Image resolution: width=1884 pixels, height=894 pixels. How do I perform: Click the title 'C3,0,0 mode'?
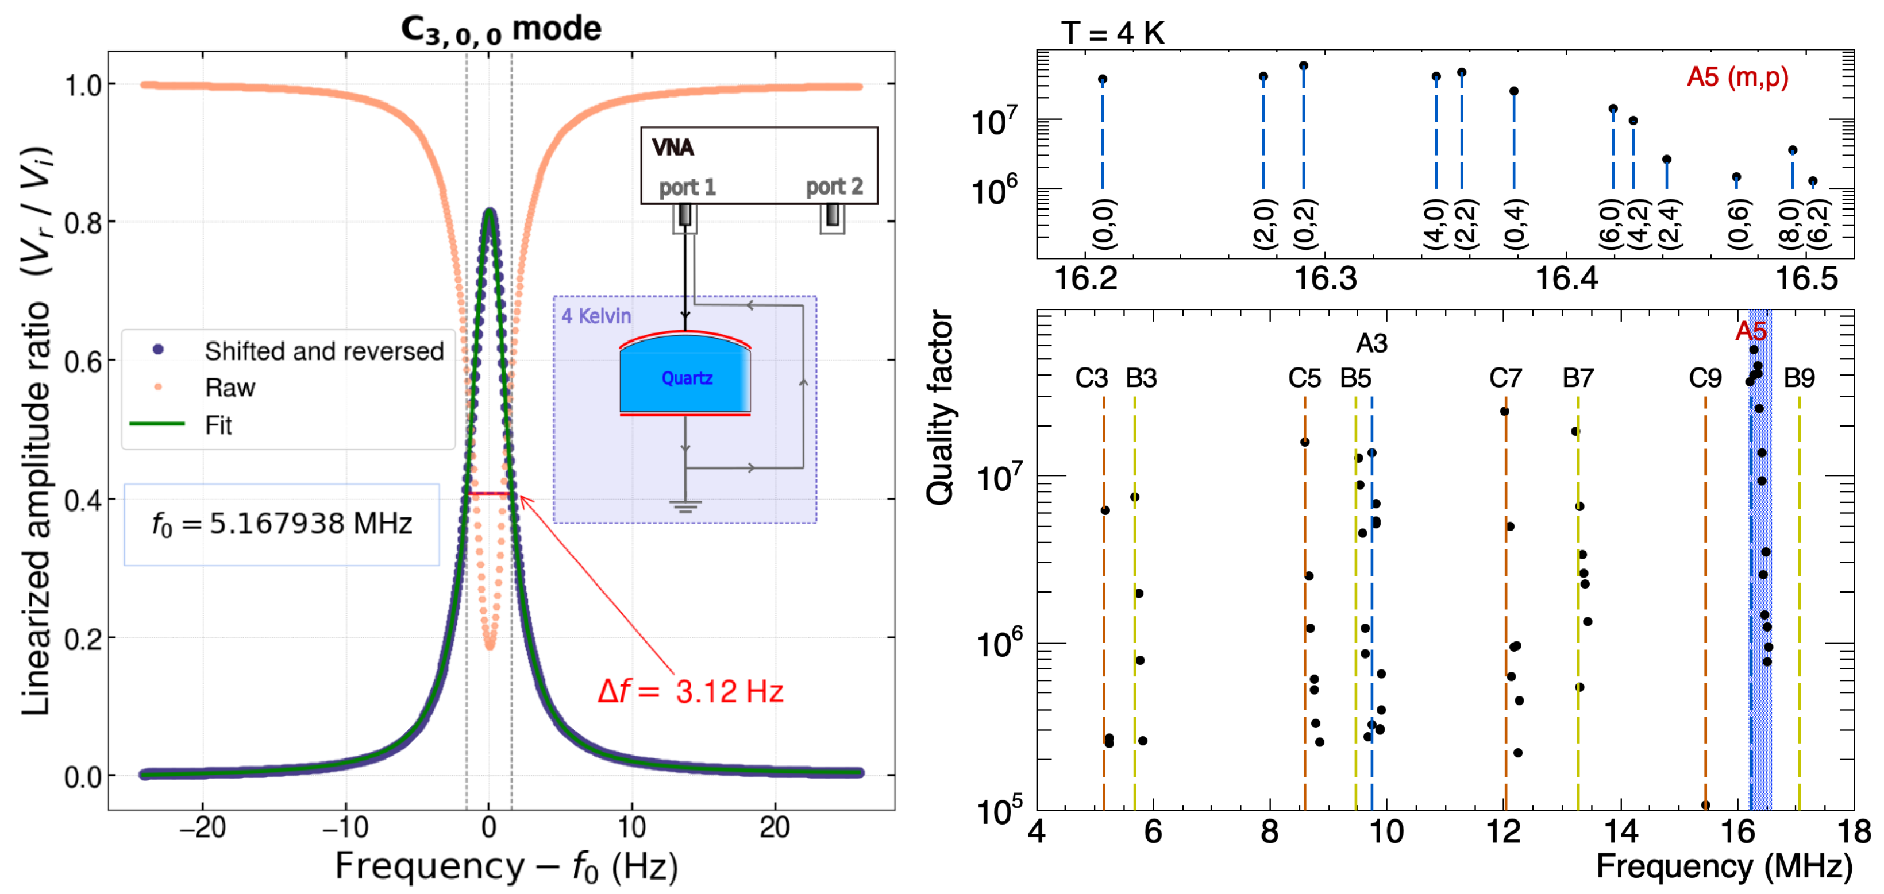(501, 29)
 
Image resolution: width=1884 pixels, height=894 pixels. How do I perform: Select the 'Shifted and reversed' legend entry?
(323, 351)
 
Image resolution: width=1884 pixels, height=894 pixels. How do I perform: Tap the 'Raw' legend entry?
(230, 388)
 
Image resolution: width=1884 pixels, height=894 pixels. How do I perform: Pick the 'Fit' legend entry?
(218, 425)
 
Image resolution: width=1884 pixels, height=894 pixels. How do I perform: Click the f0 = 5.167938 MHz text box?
(282, 524)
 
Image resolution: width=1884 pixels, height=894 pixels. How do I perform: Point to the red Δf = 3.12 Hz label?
(691, 691)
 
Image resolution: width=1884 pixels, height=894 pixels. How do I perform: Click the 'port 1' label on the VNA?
(687, 188)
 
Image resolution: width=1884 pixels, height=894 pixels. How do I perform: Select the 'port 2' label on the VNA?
(834, 188)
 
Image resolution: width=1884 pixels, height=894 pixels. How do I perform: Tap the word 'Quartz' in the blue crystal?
(686, 378)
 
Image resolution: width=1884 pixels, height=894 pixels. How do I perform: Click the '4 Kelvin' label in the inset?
(596, 316)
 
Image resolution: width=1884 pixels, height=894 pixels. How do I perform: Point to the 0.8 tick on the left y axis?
(83, 223)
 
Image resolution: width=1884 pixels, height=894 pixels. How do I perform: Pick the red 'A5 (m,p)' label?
(1737, 77)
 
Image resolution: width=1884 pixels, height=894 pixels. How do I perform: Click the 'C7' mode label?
(1505, 378)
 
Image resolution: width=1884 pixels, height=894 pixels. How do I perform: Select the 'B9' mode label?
(1798, 378)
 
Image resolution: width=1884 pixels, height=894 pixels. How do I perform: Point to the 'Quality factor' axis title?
(941, 408)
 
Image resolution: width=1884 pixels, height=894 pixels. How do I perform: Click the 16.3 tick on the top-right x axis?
(1326, 279)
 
